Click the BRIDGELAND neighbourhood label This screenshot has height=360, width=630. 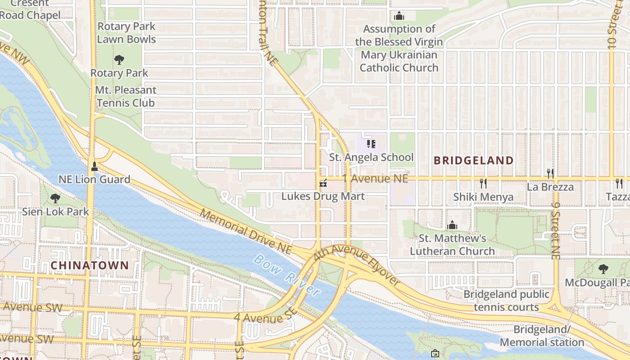tap(473, 161)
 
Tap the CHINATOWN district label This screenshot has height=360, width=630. tap(90, 265)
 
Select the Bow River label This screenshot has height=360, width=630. tap(287, 275)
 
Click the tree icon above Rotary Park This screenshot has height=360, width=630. tap(119, 59)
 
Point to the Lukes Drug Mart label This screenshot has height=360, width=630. tap(323, 197)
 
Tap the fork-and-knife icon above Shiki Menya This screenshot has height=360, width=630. tap(483, 183)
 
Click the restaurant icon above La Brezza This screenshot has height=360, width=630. tap(550, 173)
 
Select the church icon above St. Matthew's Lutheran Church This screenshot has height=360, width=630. tap(452, 225)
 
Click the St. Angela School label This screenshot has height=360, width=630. tap(371, 157)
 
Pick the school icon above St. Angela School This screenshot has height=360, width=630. tap(371, 144)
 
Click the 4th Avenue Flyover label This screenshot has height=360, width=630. tap(357, 265)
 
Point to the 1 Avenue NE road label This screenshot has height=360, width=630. tap(375, 179)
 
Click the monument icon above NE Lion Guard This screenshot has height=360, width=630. tap(94, 166)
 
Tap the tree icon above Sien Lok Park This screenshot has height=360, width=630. tap(55, 198)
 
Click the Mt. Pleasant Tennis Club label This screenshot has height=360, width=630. tap(126, 96)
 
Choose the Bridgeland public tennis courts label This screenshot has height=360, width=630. tap(506, 301)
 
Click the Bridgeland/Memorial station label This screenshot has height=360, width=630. tap(541, 336)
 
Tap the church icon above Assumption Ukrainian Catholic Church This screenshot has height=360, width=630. tap(399, 16)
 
